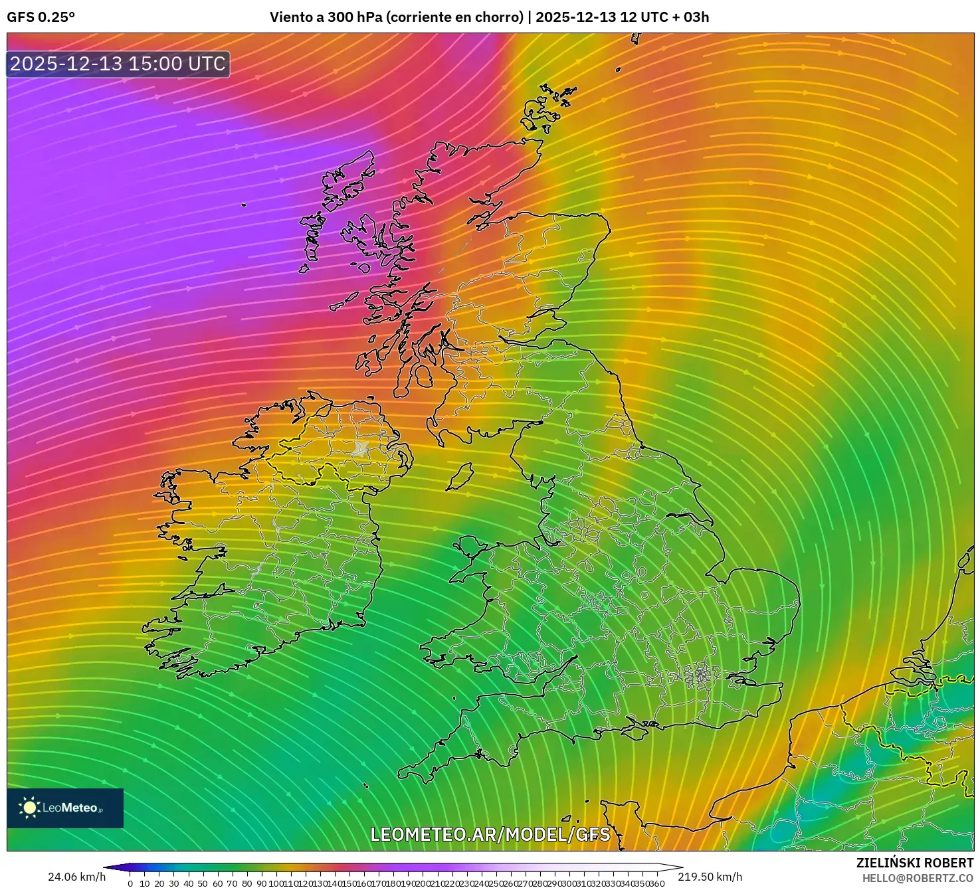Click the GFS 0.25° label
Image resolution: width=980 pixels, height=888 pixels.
pyautogui.click(x=41, y=17)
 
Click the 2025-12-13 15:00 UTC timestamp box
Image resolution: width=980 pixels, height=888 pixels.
pyautogui.click(x=118, y=64)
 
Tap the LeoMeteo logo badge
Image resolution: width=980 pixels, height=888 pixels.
pyautogui.click(x=65, y=808)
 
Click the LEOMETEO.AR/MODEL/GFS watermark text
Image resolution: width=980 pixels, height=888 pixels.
pyautogui.click(x=490, y=834)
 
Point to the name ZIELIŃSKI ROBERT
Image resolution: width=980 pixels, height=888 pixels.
pyautogui.click(x=914, y=863)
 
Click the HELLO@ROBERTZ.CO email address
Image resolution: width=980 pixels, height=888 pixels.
pyautogui.click(x=918, y=878)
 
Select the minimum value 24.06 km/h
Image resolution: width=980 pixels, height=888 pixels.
pyautogui.click(x=76, y=877)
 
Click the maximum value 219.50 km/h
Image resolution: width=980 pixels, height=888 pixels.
pyautogui.click(x=710, y=877)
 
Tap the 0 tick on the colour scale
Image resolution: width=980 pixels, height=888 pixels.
pyautogui.click(x=130, y=883)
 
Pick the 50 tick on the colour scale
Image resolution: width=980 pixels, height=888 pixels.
pyautogui.click(x=203, y=883)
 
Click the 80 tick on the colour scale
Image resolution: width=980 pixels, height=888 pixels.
pyautogui.click(x=246, y=883)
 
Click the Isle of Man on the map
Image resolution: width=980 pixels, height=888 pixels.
pyautogui.click(x=459, y=476)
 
